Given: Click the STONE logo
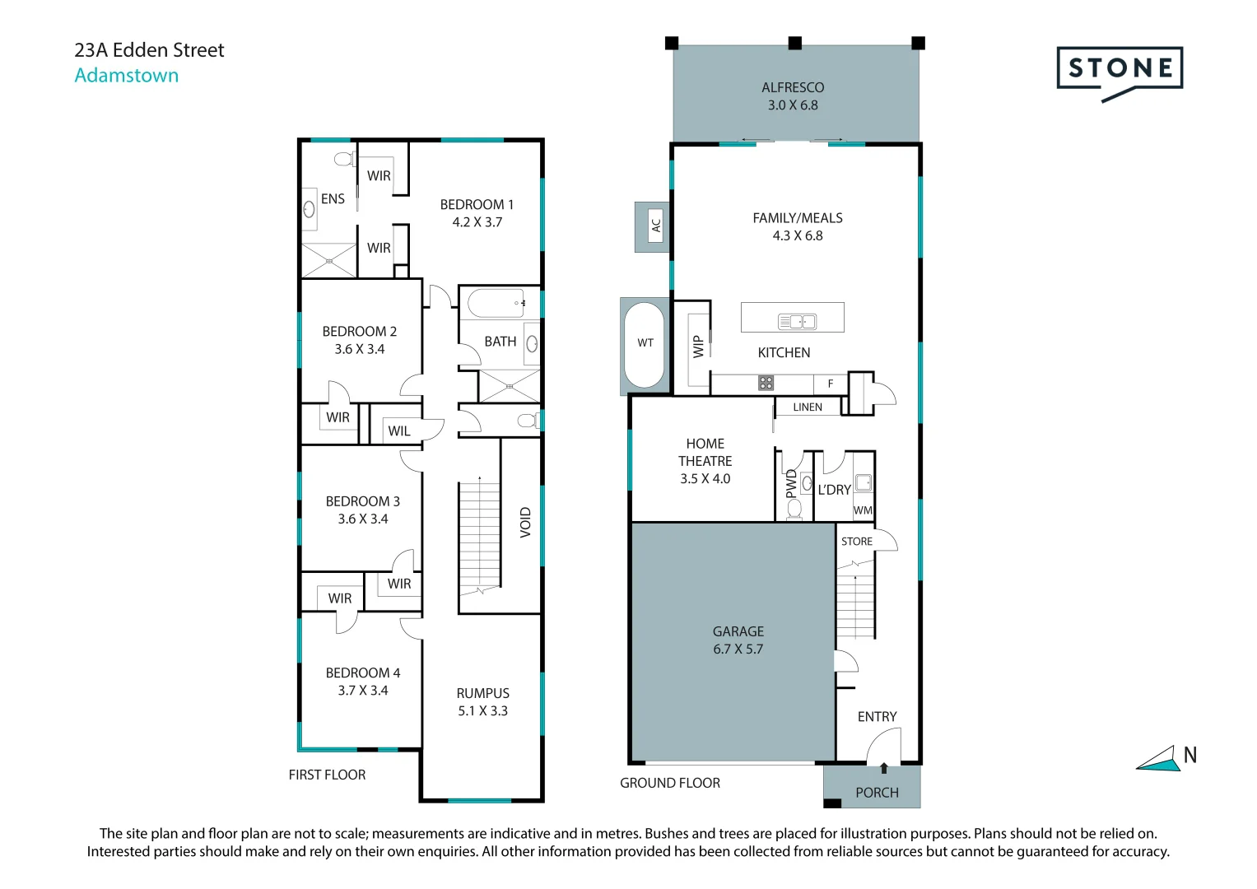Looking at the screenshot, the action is [1120, 73].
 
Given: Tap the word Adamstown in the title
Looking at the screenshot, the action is [127, 75].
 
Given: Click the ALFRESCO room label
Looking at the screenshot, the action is [793, 87].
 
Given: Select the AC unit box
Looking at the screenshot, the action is [655, 226].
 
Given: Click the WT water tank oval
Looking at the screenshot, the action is [645, 345].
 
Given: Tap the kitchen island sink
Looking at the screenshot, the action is [797, 322].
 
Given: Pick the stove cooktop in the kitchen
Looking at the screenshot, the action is [766, 384].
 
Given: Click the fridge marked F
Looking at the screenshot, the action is [831, 384].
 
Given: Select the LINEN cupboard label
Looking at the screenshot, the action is [808, 407].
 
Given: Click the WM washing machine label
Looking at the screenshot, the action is [863, 510].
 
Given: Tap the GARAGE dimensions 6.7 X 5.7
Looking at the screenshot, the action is [738, 649].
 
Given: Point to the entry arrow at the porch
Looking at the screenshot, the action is [884, 768].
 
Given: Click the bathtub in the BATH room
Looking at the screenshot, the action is [496, 304].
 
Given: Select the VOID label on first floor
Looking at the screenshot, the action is [525, 523].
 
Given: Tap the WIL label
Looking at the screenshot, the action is [399, 431].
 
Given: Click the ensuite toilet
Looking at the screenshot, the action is [344, 160].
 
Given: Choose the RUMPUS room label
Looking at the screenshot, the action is [482, 693].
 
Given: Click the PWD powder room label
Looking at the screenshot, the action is [791, 484].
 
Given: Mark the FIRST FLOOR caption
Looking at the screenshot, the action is [327, 775].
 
